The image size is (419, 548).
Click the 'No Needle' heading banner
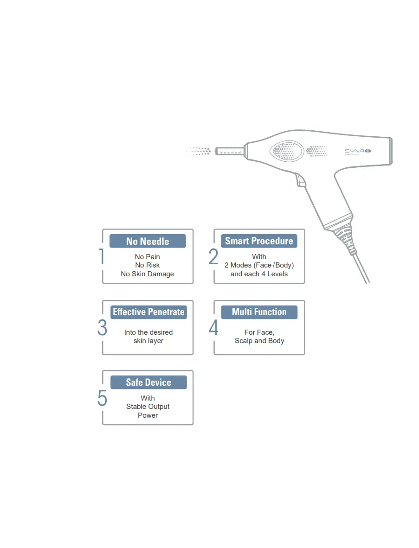(148, 241)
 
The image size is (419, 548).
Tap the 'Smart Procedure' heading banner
(259, 241)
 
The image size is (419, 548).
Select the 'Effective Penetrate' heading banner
(148, 312)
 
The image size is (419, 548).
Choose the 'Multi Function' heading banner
(259, 312)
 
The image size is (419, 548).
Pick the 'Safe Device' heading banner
(148, 382)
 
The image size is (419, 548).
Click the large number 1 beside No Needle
(102, 257)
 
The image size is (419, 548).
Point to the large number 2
(213, 257)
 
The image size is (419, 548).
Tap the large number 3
(102, 328)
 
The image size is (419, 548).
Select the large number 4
(213, 328)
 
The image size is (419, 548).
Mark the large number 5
(102, 398)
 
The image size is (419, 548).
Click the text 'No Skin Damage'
(148, 274)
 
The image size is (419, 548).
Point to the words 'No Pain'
(148, 257)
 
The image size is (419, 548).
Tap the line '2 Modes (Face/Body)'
(259, 266)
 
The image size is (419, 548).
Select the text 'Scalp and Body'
(259, 341)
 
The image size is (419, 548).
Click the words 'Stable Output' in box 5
(148, 407)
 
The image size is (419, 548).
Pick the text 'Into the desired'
(148, 332)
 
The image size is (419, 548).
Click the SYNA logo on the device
(358, 151)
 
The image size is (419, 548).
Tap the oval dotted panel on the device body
(287, 151)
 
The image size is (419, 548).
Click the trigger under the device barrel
(300, 180)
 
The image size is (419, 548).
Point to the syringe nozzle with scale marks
(230, 151)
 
